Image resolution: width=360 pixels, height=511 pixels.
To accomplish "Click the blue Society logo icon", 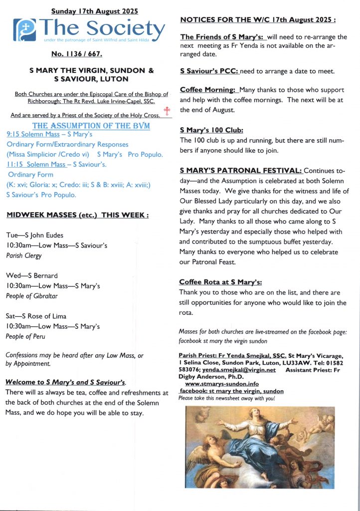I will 23,30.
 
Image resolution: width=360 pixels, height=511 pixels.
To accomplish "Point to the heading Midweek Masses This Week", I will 77,215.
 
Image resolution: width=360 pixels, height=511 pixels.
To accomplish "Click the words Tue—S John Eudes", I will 34,235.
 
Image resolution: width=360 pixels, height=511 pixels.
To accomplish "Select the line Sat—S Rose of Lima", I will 36,316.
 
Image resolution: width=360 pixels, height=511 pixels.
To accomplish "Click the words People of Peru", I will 25,336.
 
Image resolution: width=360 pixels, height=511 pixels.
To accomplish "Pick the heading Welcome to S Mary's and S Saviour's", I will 65,382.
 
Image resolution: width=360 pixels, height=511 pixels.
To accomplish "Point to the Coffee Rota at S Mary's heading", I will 220,282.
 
